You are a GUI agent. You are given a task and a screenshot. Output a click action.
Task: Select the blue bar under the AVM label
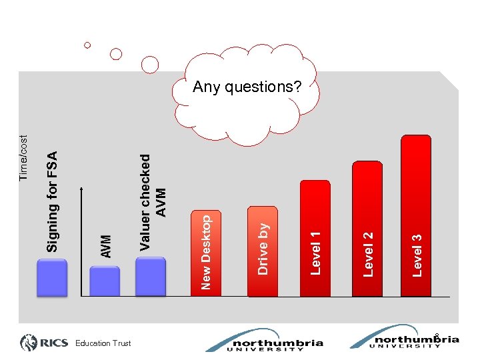coord(105,281)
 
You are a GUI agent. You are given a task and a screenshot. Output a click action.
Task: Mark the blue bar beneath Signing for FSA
coord(53,277)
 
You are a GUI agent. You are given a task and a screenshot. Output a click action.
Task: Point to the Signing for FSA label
coord(53,200)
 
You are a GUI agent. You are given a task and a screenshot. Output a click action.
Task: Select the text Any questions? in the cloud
coord(247,87)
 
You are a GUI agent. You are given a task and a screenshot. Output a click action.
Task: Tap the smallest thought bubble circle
coord(87,45)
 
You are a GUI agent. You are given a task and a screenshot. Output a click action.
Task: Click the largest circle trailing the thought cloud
coord(151,64)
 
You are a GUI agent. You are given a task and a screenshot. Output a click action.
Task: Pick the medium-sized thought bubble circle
coord(116,54)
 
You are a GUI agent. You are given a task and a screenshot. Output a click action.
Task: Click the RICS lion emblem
coord(31,343)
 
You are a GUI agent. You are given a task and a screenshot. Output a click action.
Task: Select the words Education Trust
coord(103,343)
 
